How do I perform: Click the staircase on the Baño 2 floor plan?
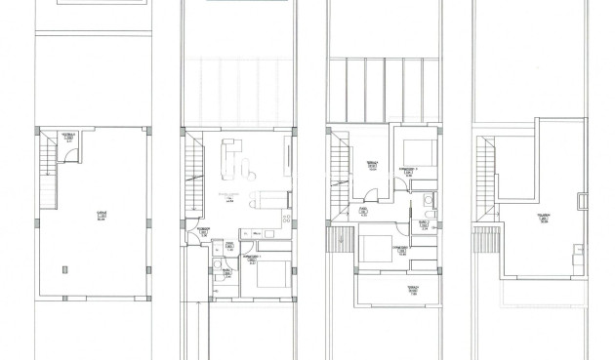(x=340, y=171)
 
